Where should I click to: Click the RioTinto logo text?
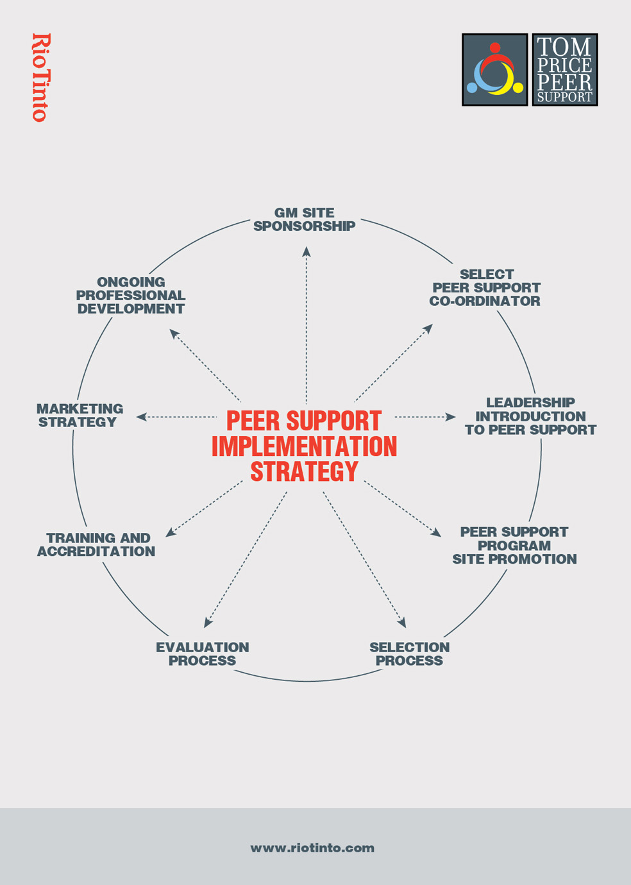point(40,78)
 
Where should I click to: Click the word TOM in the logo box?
point(564,47)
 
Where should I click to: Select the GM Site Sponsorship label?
point(305,219)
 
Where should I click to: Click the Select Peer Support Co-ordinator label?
point(485,287)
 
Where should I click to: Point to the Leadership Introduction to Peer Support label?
point(530,416)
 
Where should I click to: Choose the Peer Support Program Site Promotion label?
point(514,546)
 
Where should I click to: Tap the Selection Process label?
point(409,654)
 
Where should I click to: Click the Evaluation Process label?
point(203,654)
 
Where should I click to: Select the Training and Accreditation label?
point(97,544)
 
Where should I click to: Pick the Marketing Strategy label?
point(80,416)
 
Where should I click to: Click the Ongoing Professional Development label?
point(131,295)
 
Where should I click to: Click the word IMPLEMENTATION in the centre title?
point(305,446)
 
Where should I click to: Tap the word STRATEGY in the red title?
point(305,472)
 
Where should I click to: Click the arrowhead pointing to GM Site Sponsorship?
point(307,252)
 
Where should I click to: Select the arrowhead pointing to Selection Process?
point(402,622)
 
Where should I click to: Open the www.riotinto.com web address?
point(312,848)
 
